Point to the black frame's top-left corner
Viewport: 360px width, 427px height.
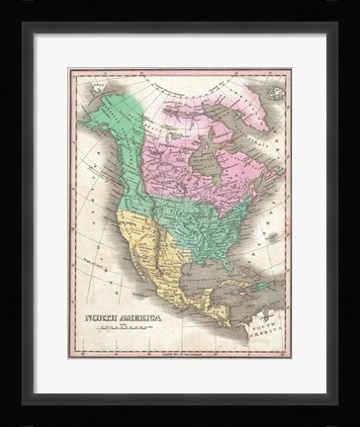pos(10,10)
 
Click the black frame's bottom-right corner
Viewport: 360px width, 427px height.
pos(350,417)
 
